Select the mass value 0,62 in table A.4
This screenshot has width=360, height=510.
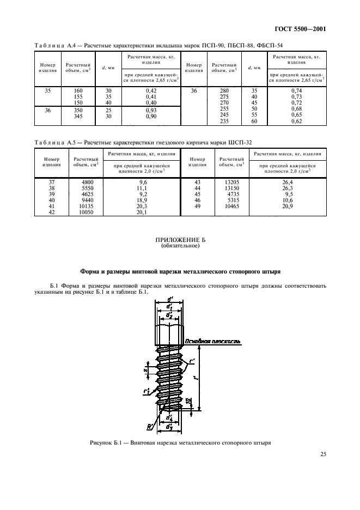(x=296, y=122)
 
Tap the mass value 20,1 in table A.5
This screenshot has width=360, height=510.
(x=144, y=212)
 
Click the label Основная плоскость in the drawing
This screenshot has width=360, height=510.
(x=212, y=342)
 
